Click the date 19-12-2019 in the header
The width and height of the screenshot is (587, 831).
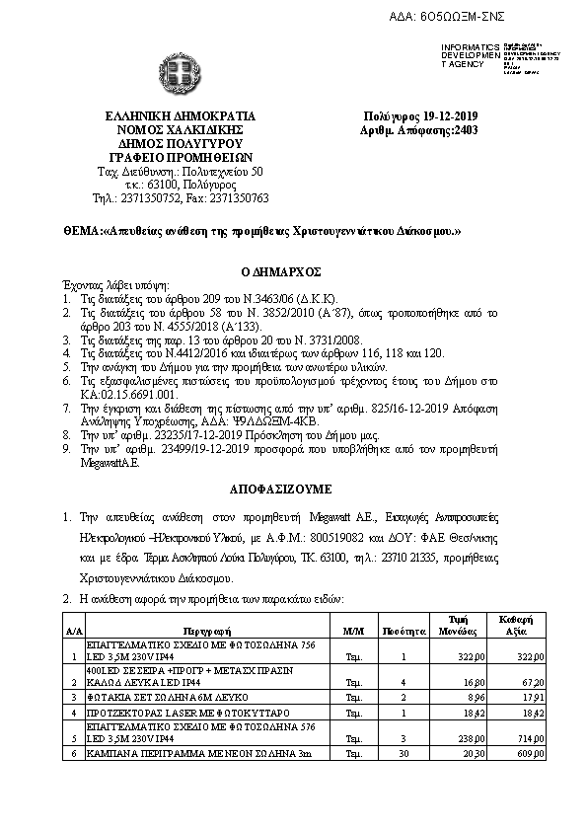click(439, 115)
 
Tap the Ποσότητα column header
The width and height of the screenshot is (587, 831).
click(403, 629)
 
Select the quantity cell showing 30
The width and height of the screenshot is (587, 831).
click(403, 754)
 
